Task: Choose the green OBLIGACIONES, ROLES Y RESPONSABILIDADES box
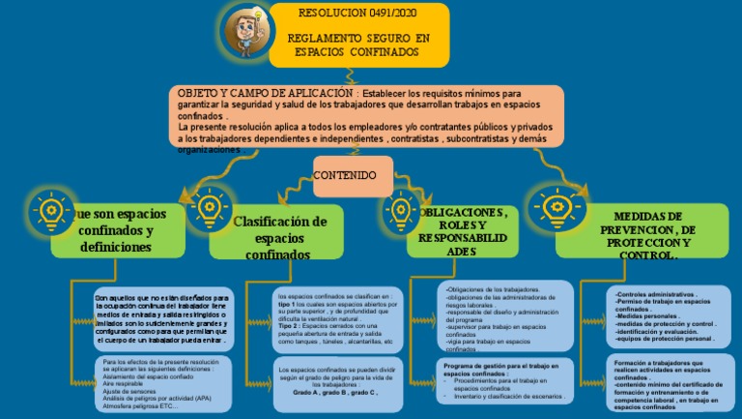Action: tap(468, 231)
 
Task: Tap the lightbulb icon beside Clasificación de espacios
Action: tap(206, 206)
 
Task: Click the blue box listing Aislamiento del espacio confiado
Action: tap(162, 381)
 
